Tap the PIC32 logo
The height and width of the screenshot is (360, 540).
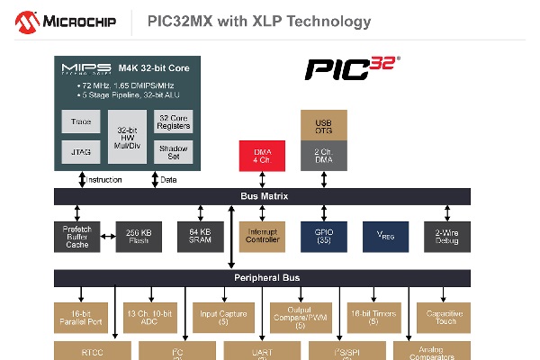coord(351,68)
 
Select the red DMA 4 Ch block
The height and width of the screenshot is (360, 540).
coord(262,155)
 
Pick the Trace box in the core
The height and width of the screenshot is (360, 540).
coord(81,121)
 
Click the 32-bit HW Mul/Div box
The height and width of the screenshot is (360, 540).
coord(127,137)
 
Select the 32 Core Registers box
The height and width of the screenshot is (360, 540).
coord(173,121)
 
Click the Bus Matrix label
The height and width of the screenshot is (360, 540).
coord(264,196)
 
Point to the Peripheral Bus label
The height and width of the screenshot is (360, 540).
coord(263,277)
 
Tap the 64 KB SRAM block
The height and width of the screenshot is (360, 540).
coord(199,237)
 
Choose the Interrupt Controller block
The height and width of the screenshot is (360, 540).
coord(262,237)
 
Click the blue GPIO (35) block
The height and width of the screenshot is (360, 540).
coord(324,237)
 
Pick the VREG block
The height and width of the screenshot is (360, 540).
coord(385,237)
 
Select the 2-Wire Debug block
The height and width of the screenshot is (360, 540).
coord(446,237)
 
